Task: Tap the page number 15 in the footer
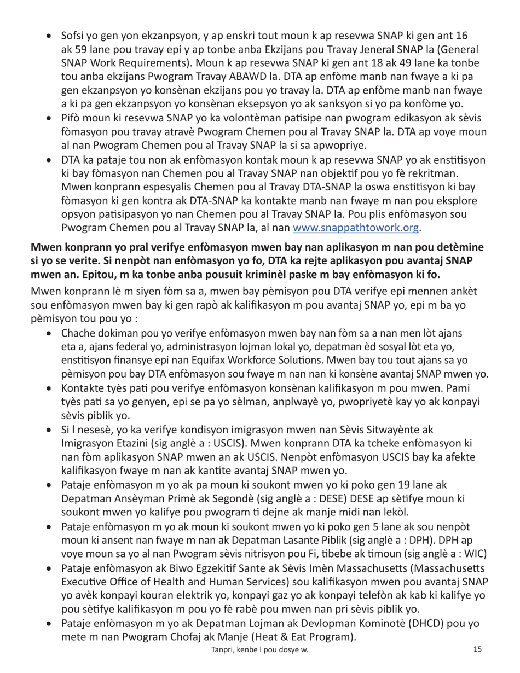477,649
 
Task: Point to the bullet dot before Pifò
50,118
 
